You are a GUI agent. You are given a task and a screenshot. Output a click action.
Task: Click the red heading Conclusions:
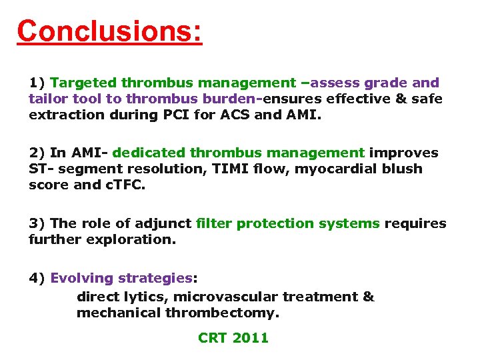pyautogui.click(x=109, y=31)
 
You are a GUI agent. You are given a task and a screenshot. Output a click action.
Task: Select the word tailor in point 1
pyautogui.click(x=47, y=99)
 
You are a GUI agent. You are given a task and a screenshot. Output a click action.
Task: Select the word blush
pyautogui.click(x=403, y=169)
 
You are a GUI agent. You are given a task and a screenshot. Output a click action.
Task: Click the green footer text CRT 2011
pyautogui.click(x=233, y=338)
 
